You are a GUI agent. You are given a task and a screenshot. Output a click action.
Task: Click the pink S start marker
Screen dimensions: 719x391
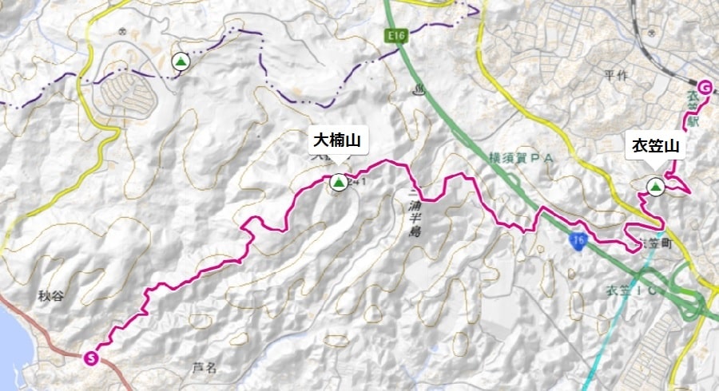click(x=92, y=357)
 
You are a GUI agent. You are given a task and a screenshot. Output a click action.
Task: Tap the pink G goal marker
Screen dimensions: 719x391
click(x=705, y=87)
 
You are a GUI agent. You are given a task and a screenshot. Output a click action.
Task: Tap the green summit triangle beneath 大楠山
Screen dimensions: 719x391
click(x=338, y=183)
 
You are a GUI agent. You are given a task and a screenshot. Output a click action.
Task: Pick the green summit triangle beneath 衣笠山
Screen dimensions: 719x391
click(x=656, y=187)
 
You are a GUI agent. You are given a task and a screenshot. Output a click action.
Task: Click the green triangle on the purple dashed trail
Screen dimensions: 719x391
click(x=181, y=61)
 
